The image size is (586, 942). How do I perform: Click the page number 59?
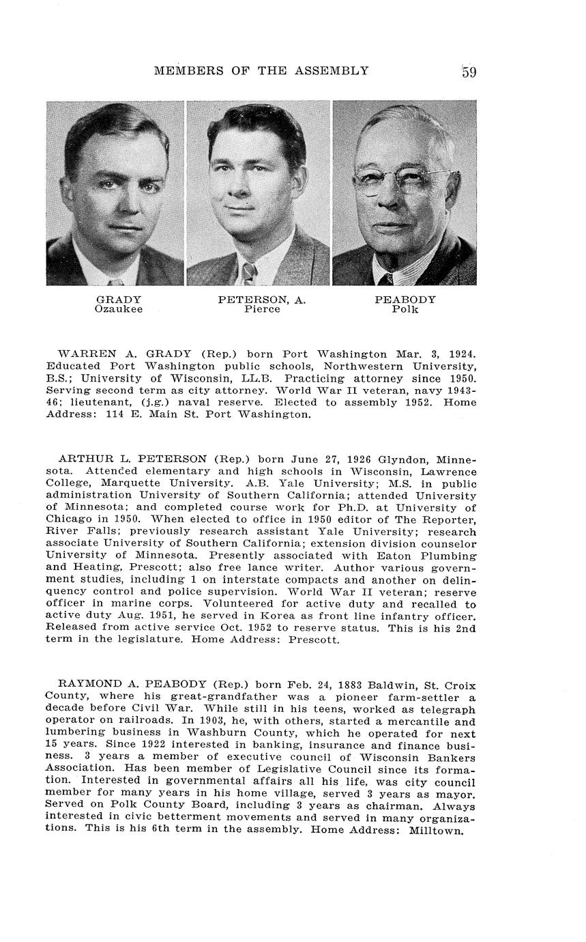469,71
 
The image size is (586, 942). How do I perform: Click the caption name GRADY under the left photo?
119,300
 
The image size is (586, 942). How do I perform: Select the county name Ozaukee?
119,309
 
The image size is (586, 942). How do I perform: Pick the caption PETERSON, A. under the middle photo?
262,300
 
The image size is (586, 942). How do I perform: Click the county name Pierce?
262,309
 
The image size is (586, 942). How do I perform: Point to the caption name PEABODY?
405,300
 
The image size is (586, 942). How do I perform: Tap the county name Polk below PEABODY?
405,309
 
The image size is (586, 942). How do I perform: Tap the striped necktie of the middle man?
249,274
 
